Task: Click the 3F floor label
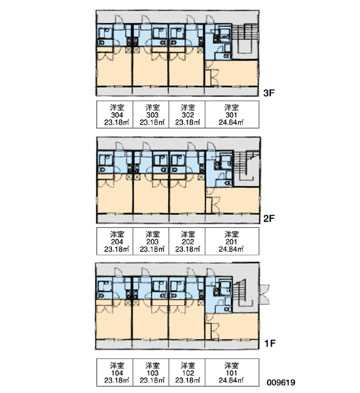click(269, 93)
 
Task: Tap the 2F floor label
click(269, 219)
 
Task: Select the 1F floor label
click(270, 343)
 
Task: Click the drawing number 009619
click(281, 383)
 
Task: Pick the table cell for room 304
click(115, 115)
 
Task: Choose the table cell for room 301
click(232, 115)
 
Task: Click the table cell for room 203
click(151, 241)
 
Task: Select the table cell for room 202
click(187, 241)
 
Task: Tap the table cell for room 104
click(115, 373)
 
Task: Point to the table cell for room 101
click(232, 373)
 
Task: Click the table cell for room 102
click(187, 373)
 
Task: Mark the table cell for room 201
click(232, 241)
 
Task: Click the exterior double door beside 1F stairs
click(264, 294)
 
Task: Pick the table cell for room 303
click(151, 115)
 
